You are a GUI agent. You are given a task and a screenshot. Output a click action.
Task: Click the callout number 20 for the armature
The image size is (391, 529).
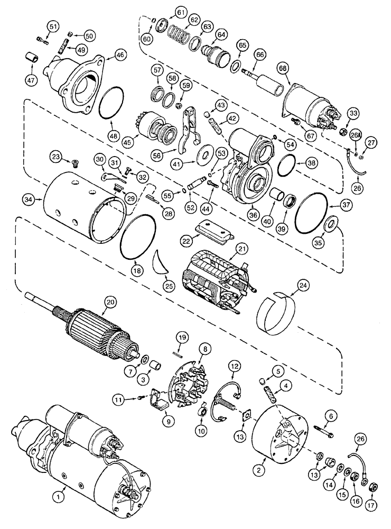coord(110,302)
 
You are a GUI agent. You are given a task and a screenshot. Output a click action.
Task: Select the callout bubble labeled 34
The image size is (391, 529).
coord(29,199)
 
